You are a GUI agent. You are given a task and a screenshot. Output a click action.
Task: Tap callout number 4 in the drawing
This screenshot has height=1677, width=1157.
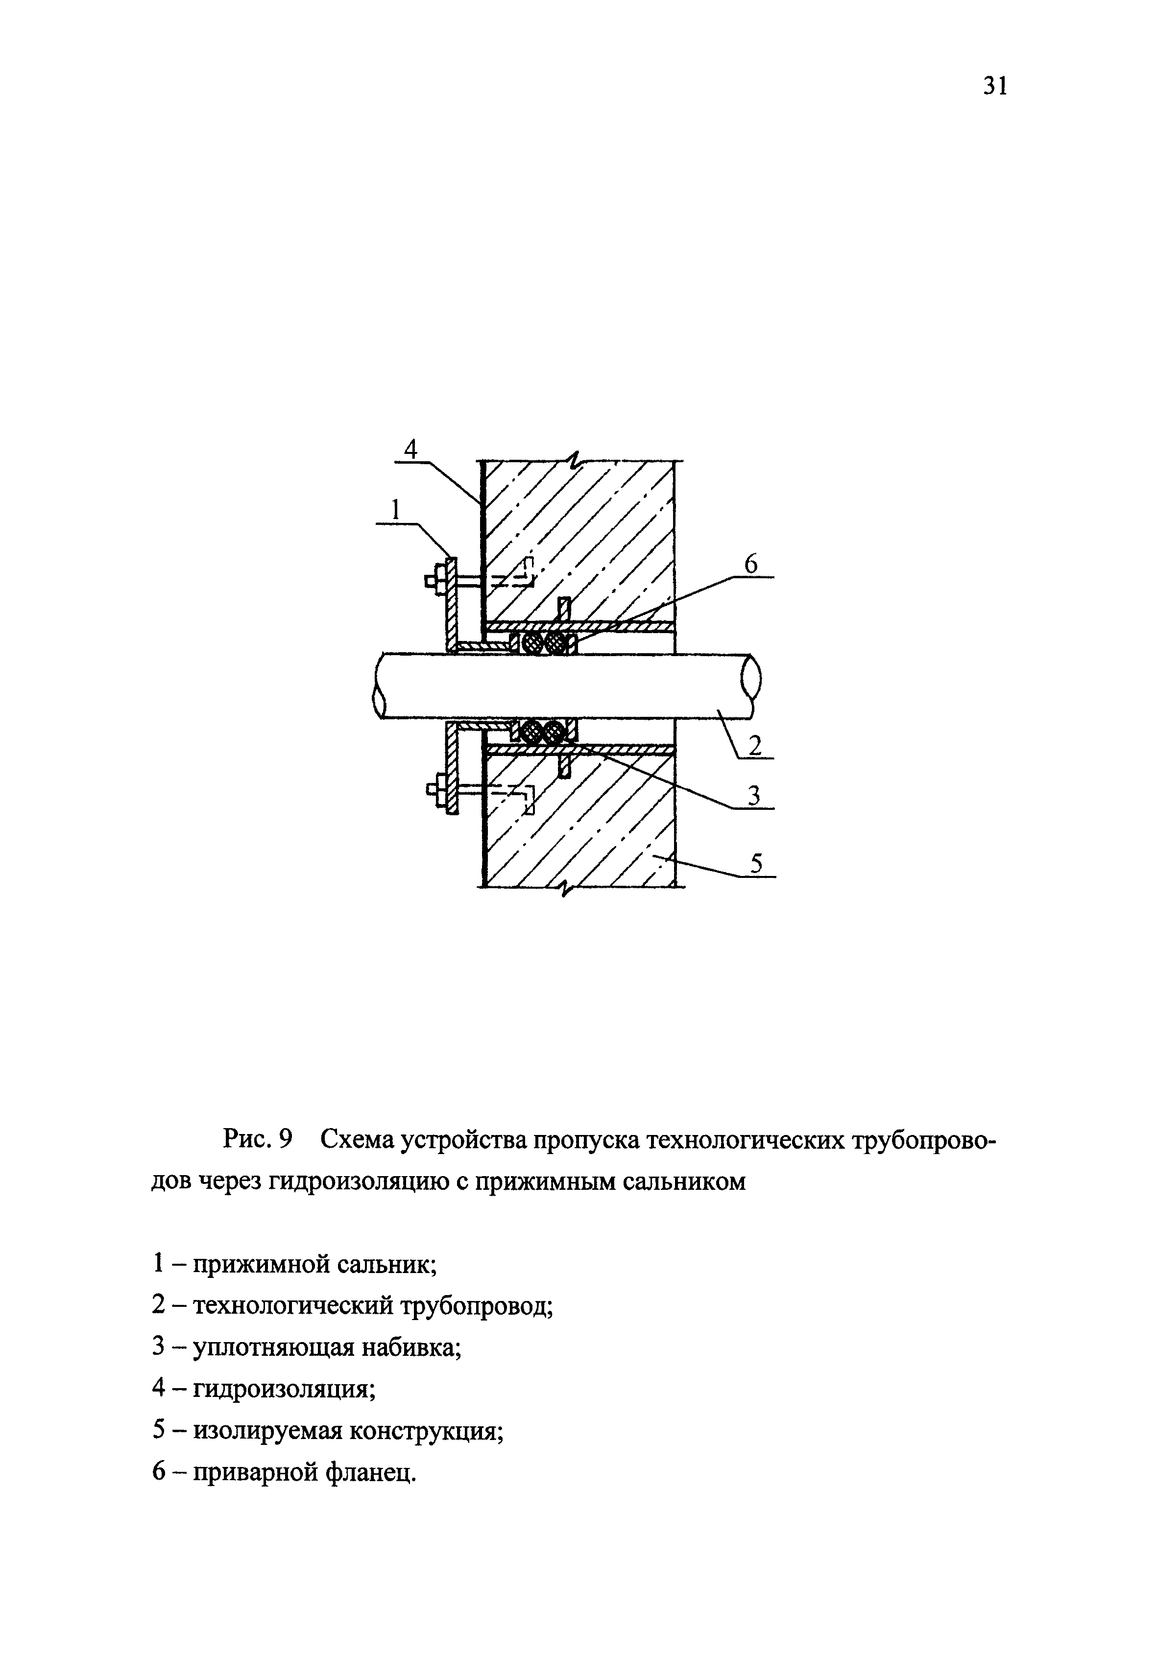tap(410, 450)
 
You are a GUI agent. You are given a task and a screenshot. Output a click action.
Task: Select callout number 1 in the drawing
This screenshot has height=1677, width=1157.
tap(395, 510)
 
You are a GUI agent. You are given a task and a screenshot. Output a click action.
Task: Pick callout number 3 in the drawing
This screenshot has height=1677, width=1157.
tap(754, 795)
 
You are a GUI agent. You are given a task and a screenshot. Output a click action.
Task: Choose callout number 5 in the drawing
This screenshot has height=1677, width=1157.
tap(757, 863)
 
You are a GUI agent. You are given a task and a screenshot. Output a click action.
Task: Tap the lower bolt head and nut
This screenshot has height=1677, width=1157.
tap(436, 788)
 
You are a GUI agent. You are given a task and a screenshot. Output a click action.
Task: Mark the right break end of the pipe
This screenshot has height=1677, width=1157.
tap(751, 685)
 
